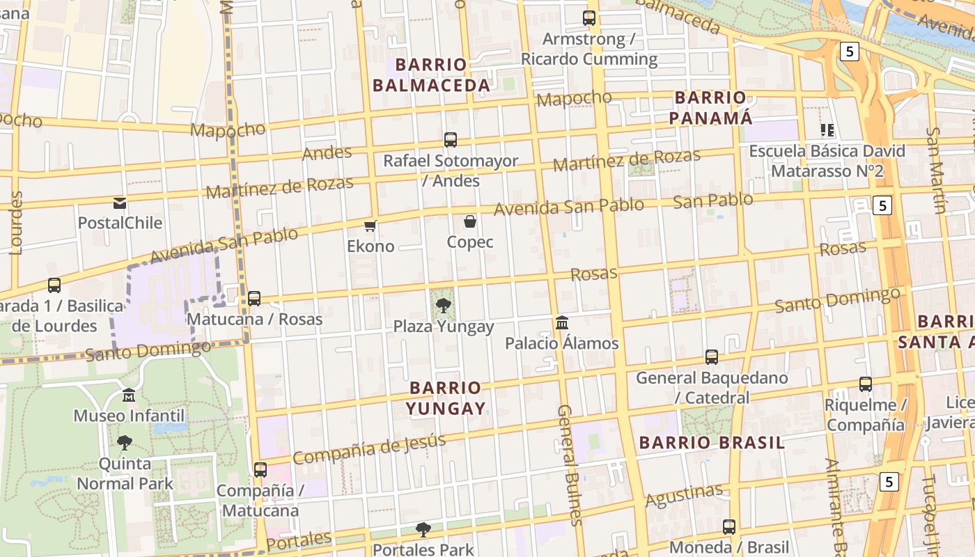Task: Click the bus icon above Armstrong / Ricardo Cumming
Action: [x=589, y=18]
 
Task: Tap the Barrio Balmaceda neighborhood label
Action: [x=431, y=75]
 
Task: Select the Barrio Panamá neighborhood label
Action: [x=710, y=107]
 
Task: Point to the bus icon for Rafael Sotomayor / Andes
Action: [x=451, y=140]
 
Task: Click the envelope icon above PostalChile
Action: [x=120, y=203]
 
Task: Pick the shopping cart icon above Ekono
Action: [x=370, y=226]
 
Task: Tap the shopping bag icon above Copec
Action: [x=470, y=222]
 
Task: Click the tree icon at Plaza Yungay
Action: [x=443, y=305]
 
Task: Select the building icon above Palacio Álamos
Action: [x=562, y=323]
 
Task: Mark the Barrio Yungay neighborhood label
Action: [x=446, y=398]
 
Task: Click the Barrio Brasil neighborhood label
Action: [x=712, y=443]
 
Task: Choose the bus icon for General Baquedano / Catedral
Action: [x=712, y=357]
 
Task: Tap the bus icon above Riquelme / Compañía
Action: [x=866, y=384]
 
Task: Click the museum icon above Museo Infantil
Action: [x=129, y=395]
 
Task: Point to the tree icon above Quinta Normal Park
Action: [x=125, y=443]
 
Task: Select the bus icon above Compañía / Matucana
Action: [x=260, y=470]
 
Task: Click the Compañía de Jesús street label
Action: [x=369, y=448]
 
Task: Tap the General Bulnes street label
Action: [x=569, y=465]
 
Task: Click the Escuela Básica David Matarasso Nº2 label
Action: [x=827, y=161]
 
